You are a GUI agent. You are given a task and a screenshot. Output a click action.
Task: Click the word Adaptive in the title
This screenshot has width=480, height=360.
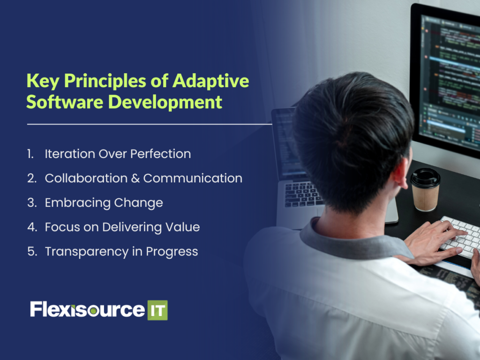(210, 81)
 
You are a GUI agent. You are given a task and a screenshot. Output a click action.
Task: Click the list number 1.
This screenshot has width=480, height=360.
(30, 154)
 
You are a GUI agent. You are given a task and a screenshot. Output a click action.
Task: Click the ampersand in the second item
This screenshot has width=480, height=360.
(135, 178)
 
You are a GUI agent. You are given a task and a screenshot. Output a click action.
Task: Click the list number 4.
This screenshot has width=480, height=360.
(31, 227)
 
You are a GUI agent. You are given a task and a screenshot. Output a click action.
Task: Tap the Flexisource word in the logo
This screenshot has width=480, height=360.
(87, 310)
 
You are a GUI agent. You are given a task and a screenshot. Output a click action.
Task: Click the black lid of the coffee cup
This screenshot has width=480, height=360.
(425, 177)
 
